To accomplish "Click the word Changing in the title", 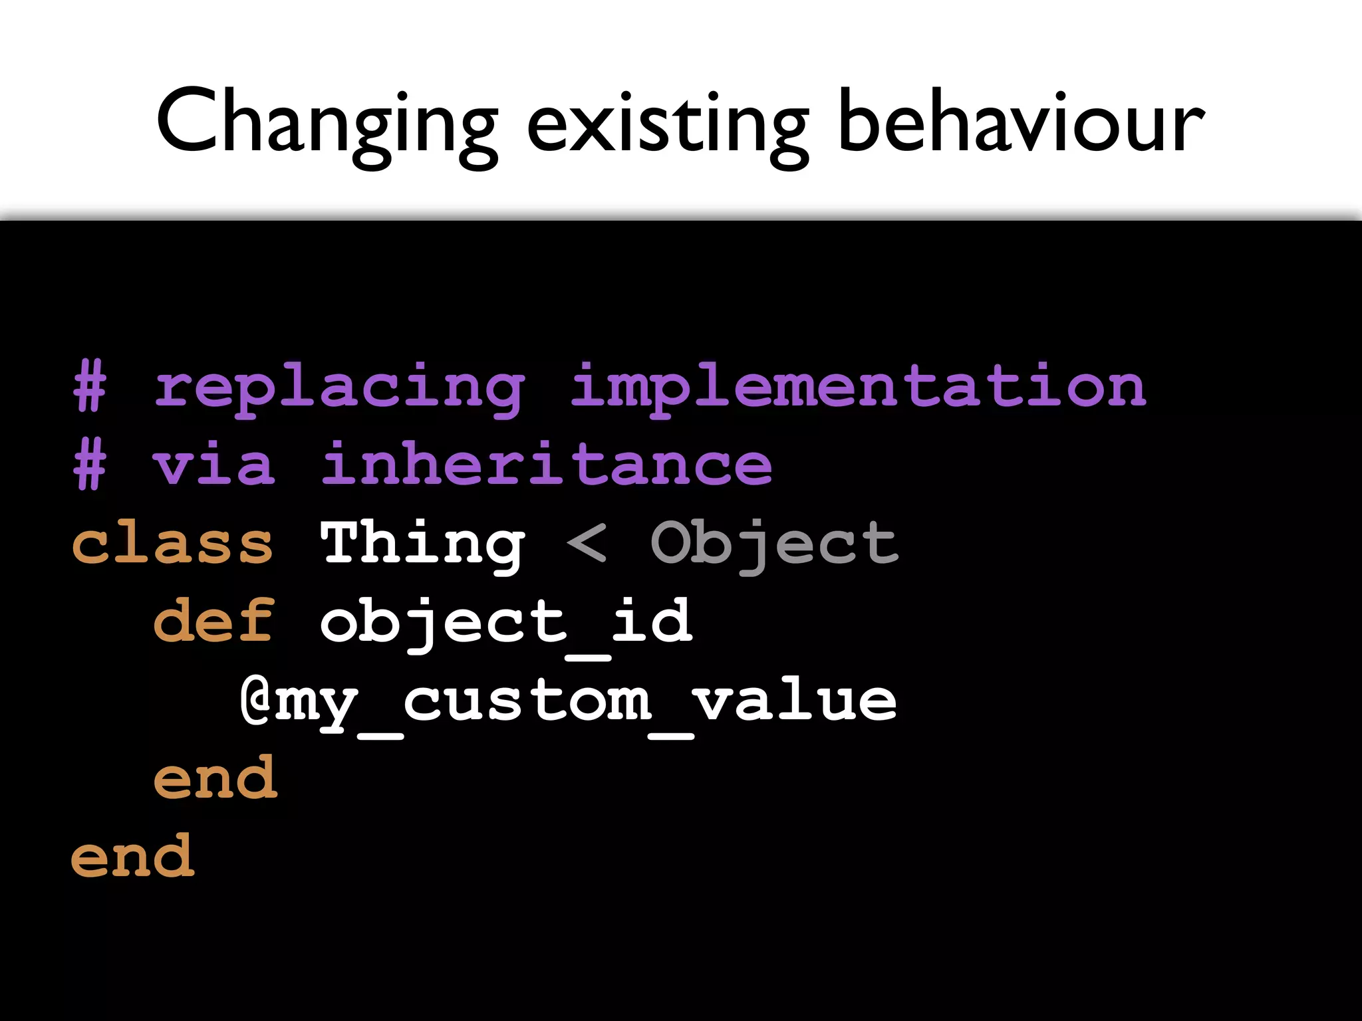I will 327,123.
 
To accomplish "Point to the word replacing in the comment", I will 339,389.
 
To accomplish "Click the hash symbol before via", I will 90,465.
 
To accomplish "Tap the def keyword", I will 213,621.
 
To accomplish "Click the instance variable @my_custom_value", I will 569,702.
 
